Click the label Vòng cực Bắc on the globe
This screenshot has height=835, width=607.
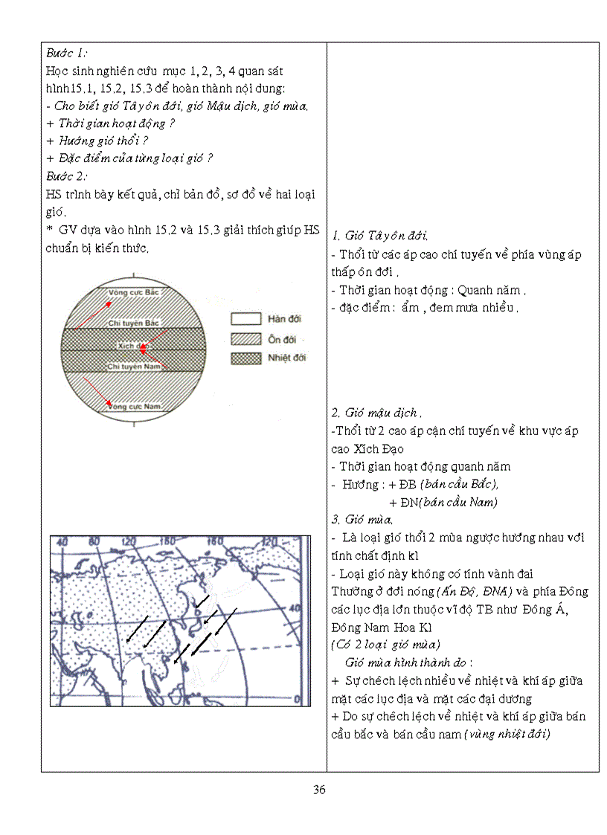[135, 293]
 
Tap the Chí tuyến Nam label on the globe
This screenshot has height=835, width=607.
[135, 367]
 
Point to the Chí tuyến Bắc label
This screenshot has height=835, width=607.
[135, 323]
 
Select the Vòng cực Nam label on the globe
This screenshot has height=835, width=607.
[135, 406]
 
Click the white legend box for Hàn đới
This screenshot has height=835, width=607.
[245, 320]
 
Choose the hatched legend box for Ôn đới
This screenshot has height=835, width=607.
[245, 339]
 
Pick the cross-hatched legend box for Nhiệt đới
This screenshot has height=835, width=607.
[245, 358]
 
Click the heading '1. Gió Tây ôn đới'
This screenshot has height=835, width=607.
[379, 236]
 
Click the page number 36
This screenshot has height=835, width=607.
[319, 790]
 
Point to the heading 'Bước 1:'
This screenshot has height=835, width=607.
[67, 53]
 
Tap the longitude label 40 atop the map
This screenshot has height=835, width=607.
[62, 541]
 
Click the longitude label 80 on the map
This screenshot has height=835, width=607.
[96, 541]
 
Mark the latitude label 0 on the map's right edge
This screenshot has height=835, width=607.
[298, 698]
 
